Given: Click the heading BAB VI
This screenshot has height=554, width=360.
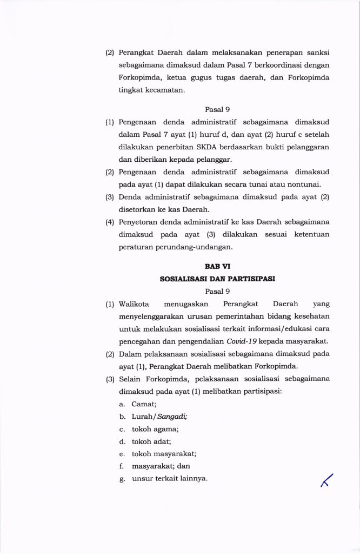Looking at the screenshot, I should pos(217,267).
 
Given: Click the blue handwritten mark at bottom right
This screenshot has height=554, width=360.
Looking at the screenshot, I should pos(326,480).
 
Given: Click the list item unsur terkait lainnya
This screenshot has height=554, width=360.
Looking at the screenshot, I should pos(169,478).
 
